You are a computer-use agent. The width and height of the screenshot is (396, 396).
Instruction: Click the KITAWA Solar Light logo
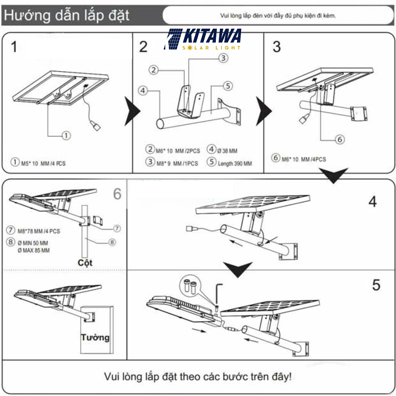[203, 40]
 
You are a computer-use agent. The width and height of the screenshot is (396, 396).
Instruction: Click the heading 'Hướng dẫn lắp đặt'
[66, 15]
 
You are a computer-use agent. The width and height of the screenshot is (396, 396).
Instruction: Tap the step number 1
[14, 47]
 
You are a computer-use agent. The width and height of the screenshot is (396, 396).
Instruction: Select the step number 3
[277, 47]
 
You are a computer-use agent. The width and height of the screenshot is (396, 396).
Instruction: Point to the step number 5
[376, 285]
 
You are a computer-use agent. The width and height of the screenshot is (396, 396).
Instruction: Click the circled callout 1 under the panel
[66, 134]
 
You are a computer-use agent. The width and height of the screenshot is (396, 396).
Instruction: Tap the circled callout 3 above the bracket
[223, 58]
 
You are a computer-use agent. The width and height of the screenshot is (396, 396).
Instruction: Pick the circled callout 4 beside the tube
[143, 91]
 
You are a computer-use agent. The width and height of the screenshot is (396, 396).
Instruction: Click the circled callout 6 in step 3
[340, 140]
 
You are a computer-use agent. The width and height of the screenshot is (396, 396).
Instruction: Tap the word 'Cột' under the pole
[86, 262]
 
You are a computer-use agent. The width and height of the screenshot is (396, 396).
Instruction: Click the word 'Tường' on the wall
[95, 338]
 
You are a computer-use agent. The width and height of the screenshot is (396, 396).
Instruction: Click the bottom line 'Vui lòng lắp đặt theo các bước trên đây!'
[198, 376]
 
